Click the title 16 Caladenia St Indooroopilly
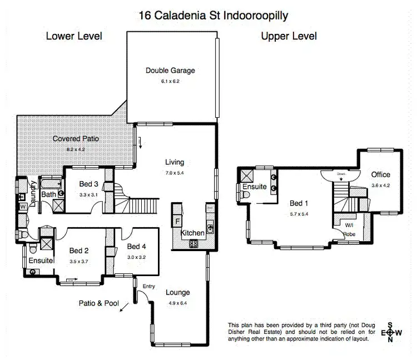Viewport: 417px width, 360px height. (x=214, y=15)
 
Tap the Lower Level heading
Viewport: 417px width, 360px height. (x=74, y=37)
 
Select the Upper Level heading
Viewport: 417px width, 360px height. (x=289, y=37)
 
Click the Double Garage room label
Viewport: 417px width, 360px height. (x=171, y=71)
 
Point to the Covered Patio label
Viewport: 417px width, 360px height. (x=76, y=138)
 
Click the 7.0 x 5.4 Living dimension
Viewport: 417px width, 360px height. (x=174, y=173)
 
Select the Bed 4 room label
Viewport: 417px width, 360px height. (x=136, y=246)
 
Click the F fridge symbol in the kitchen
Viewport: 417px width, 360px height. (x=177, y=220)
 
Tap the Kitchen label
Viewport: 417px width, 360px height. (x=192, y=233)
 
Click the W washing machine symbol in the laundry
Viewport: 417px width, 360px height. (x=23, y=207)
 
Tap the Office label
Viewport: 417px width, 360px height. (x=381, y=174)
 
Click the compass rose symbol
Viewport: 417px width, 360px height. (x=390, y=332)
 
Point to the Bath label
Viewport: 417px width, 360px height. (x=48, y=194)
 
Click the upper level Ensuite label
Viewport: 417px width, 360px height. (x=255, y=187)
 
